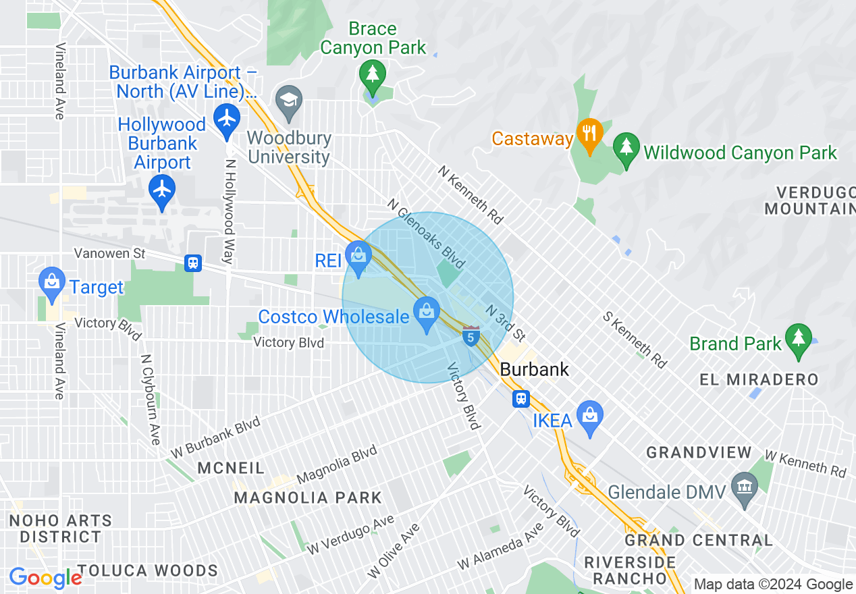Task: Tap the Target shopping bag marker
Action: point(52,283)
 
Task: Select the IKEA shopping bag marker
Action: point(590,417)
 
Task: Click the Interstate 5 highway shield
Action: point(471,335)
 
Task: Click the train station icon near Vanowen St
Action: point(193,263)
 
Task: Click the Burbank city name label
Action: point(535,370)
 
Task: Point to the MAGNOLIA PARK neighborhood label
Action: point(308,498)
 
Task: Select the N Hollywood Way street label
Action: point(230,211)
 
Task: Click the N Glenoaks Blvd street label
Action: point(427,233)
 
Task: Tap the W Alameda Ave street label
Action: point(500,545)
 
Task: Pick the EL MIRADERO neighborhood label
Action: point(759,379)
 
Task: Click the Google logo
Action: point(45,578)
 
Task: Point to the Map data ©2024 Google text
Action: point(773,585)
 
